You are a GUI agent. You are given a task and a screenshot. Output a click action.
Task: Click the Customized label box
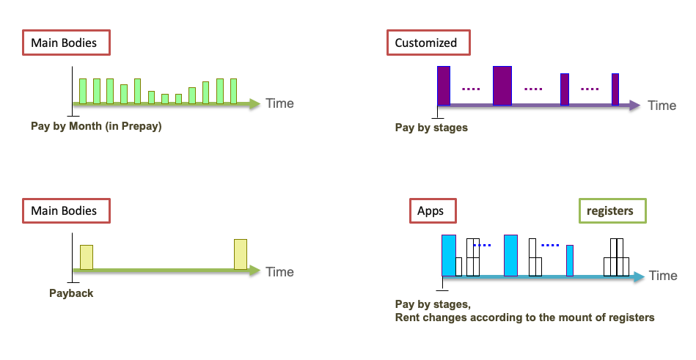click(425, 43)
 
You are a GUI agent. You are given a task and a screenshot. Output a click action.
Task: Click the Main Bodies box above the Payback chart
click(64, 211)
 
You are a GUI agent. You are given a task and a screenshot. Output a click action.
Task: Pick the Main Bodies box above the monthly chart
click(64, 43)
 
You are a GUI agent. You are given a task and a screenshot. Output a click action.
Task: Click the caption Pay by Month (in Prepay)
click(96, 126)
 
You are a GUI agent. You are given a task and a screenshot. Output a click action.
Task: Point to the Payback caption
click(71, 293)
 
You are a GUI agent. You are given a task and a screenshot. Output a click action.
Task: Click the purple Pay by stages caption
click(431, 128)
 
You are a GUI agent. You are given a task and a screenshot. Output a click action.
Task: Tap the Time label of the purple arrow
click(662, 106)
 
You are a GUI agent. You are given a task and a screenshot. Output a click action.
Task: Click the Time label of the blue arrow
click(663, 276)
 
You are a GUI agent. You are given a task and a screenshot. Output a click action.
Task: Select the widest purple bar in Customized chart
click(502, 86)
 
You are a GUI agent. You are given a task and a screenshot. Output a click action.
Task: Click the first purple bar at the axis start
click(443, 86)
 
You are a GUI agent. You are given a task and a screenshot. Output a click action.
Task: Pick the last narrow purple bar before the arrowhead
click(615, 89)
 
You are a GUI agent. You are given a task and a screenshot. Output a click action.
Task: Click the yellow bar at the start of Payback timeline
click(87, 257)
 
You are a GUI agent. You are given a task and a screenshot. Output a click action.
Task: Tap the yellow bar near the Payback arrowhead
click(241, 254)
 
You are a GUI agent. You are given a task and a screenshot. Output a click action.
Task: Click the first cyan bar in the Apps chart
click(449, 255)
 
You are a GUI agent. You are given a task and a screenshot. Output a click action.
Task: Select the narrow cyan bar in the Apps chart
click(570, 260)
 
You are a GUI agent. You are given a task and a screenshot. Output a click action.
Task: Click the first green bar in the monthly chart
click(83, 91)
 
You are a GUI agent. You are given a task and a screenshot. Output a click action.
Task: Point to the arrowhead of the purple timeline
click(634, 106)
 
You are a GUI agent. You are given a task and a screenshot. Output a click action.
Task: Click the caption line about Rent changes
click(524, 317)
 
